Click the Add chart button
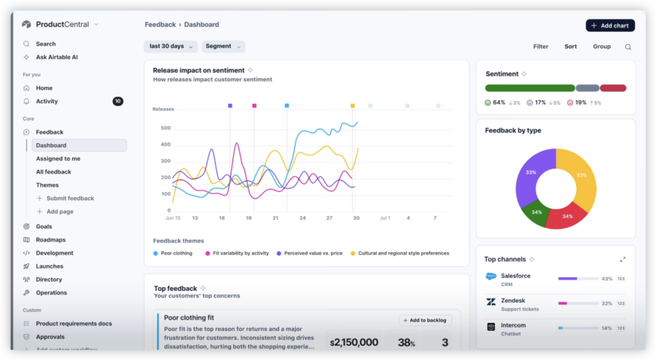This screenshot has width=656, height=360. pos(610,26)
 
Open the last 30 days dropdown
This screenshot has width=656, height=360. pos(170,47)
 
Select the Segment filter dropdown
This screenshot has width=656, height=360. pos(223,47)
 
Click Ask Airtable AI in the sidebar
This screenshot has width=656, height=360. pos(56,57)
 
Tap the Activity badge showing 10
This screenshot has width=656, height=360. pos(118,101)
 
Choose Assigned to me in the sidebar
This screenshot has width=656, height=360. pos(58,159)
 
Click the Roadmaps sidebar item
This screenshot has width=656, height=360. pos(50,240)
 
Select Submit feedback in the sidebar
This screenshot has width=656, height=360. pos(70,199)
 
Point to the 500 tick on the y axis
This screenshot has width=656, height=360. pos(165,128)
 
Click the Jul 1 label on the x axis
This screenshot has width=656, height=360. pos(385,218)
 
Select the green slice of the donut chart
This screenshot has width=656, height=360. pos(533,213)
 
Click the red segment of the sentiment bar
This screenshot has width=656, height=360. pos(613,88)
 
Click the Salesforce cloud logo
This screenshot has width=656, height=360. pos(491,277)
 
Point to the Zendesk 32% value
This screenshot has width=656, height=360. pos(607,304)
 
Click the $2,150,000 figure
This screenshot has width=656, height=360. pos(354,343)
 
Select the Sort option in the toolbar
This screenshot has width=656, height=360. pos(570,47)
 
